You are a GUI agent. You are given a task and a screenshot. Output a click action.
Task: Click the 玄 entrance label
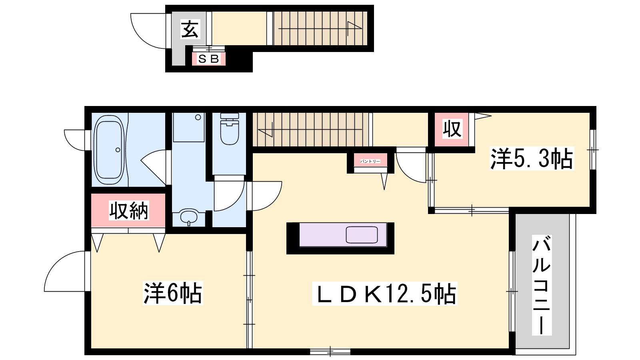pos(190,30)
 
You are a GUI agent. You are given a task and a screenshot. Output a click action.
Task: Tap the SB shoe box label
pos(208,59)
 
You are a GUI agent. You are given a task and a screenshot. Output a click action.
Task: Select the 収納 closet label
pos(129,210)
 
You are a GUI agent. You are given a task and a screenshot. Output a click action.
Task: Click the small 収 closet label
pos(452,129)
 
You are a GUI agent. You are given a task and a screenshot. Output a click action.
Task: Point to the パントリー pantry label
pos(370,162)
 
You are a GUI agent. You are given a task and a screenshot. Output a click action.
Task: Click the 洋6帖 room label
pos(173,293)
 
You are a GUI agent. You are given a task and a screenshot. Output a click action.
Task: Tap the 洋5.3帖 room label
pos(532,159)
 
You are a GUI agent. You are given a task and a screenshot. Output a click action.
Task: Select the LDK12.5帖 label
pos(385,294)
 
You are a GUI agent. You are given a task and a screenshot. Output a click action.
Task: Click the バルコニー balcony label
pos(542,285)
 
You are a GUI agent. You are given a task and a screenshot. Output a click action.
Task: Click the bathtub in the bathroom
pos(110,150)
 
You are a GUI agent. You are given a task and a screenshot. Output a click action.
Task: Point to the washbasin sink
pos(189,217)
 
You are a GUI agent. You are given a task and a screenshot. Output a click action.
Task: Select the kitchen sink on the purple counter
pos(362,235)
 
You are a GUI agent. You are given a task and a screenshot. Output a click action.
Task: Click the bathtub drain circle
pos(118,150)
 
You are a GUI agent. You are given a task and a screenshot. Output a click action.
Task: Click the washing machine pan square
pos(189,128)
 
